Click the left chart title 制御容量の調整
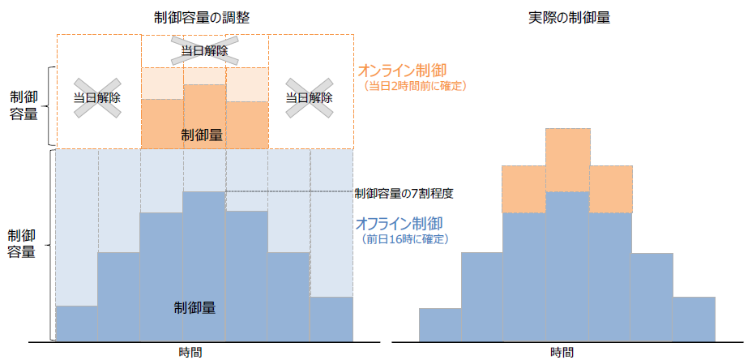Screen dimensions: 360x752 (x=204, y=17)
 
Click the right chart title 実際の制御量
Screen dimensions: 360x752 (x=565, y=17)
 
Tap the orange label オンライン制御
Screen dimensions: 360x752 (x=403, y=71)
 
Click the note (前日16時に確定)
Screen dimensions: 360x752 (x=405, y=239)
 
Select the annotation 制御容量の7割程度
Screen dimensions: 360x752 (x=403, y=194)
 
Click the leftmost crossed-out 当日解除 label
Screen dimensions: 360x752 (x=97, y=97)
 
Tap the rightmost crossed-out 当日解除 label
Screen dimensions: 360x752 (x=310, y=97)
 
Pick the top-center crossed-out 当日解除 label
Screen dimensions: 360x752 (x=204, y=51)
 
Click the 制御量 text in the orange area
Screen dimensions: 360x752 (x=202, y=135)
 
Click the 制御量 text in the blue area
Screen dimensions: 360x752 (x=194, y=308)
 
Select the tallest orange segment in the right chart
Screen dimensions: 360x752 (x=567, y=160)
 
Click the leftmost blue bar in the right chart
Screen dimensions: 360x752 (x=440, y=324)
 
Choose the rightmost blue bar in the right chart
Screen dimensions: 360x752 (x=694, y=319)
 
